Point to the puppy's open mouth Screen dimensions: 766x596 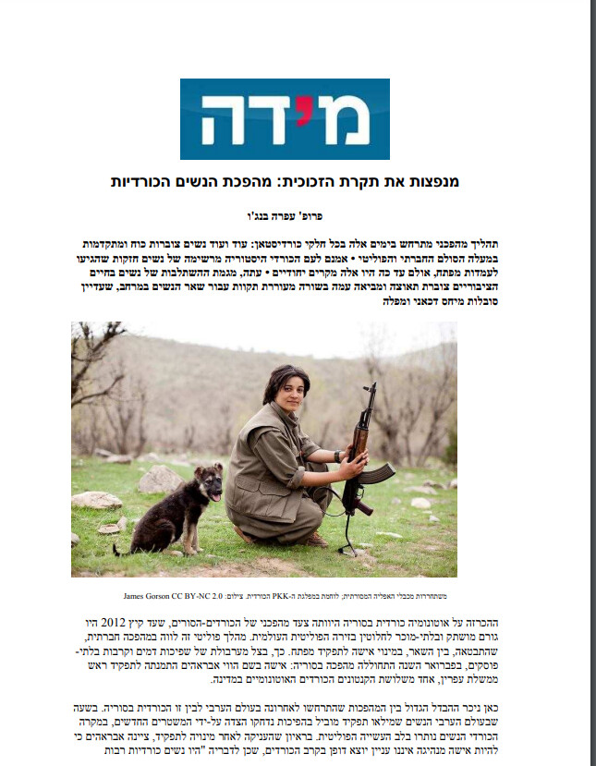pyautogui.click(x=214, y=496)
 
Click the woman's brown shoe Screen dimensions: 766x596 pyautogui.click(x=314, y=539)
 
